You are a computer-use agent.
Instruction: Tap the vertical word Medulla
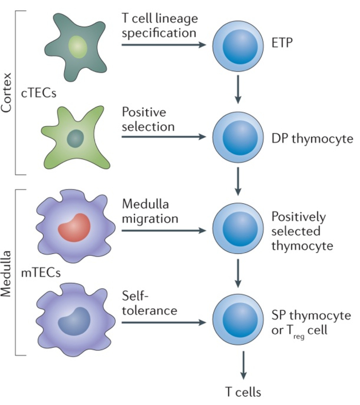click(8, 273)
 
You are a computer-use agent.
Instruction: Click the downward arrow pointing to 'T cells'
click(238, 366)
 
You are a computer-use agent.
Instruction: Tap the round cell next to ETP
click(238, 45)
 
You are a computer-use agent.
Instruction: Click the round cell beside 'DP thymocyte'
click(238, 137)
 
